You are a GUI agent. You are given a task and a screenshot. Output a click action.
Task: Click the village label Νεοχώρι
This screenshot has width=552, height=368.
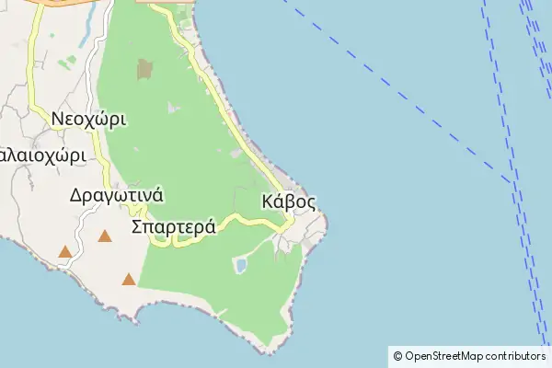tap(88, 119)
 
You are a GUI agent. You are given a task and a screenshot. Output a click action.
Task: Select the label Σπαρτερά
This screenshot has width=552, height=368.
tap(174, 226)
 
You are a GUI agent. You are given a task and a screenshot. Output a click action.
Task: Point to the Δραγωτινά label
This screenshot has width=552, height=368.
tap(116, 195)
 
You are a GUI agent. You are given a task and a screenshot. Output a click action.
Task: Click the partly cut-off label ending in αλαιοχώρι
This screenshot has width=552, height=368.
tap(41, 154)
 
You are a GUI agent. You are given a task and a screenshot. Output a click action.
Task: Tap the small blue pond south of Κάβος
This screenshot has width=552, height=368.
tap(241, 266)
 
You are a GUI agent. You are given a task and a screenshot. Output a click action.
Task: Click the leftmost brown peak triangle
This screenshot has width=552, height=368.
tap(65, 251)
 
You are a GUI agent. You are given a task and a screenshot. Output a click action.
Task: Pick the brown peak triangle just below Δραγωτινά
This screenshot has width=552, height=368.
tap(105, 236)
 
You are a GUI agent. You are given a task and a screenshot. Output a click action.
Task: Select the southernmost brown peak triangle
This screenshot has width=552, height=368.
tap(128, 279)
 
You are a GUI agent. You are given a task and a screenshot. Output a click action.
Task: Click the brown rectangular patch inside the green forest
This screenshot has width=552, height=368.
tap(144, 69)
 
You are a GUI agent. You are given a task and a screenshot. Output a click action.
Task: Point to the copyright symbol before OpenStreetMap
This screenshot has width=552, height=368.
tap(397, 356)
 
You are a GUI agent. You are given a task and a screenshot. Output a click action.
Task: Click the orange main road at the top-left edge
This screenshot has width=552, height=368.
tap(55, 3)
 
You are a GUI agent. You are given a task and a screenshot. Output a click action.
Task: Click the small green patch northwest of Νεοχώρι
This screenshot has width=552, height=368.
tap(70, 63)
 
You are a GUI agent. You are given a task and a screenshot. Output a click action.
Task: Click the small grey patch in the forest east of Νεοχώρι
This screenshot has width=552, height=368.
tap(174, 109)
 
